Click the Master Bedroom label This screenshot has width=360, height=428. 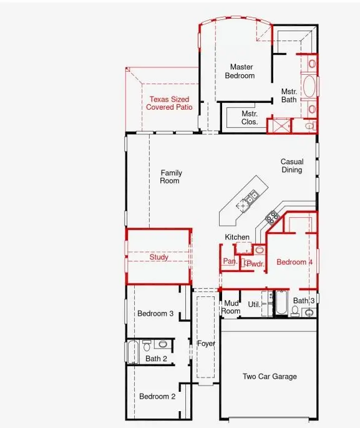[x=242, y=71]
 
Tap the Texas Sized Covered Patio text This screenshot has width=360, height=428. [x=169, y=104]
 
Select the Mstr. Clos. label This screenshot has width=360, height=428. [x=250, y=118]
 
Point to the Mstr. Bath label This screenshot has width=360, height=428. [x=288, y=95]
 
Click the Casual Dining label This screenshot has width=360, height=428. [x=291, y=165]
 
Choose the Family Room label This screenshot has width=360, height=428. [x=170, y=177]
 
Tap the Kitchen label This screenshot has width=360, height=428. [x=237, y=237]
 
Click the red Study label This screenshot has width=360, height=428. [x=159, y=257]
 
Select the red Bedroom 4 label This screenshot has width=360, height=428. [x=294, y=262]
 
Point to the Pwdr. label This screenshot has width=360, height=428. [x=255, y=265]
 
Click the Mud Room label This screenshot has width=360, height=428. [x=231, y=307]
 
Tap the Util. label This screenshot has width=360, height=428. [x=253, y=304]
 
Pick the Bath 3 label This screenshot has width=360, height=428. [x=304, y=301]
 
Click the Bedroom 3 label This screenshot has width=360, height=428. [x=155, y=313]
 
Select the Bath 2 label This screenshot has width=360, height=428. [x=156, y=359]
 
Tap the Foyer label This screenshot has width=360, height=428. [x=206, y=344]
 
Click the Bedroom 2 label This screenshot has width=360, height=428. [x=157, y=396]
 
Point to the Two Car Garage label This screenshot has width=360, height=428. [x=270, y=376]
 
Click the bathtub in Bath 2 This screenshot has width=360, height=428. [x=132, y=353]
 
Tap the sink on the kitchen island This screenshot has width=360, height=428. [x=252, y=198]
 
